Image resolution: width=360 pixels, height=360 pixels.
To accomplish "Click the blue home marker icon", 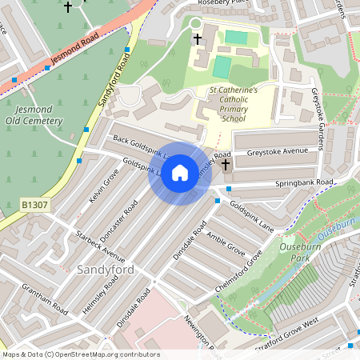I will point(180,173).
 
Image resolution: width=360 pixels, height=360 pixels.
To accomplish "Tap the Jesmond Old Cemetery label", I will point(34,114).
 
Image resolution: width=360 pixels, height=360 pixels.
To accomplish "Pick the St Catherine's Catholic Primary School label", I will point(234,104).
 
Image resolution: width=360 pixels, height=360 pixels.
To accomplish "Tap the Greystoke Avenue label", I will point(277,151).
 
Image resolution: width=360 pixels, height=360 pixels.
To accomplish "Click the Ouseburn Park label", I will point(298,253).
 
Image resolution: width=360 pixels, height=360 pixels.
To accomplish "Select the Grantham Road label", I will point(46,298).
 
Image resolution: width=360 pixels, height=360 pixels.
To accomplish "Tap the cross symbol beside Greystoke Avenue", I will point(226,165).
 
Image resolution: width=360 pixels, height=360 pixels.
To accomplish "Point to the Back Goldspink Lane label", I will point(142,146).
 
